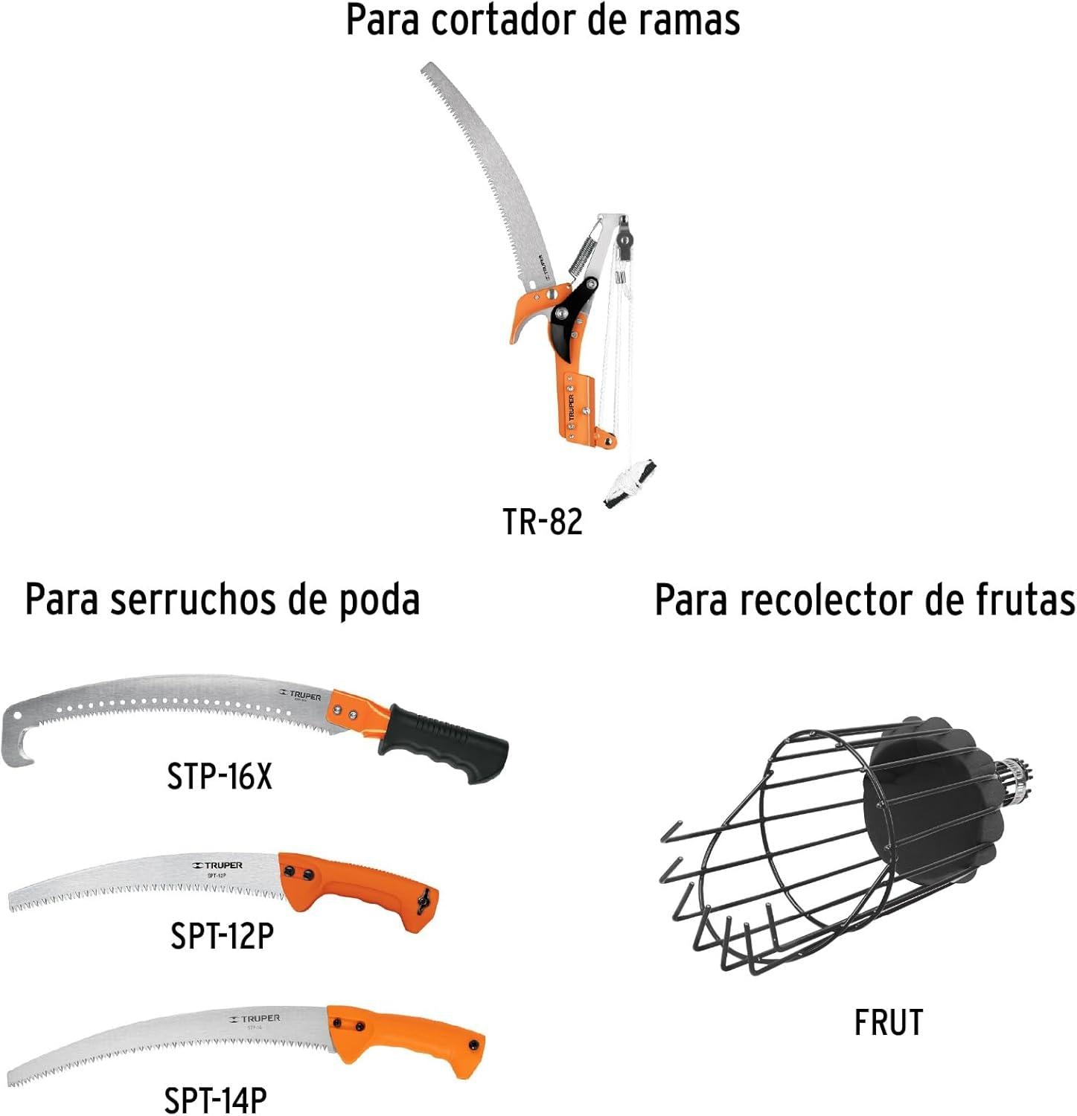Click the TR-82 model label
tap(543, 522)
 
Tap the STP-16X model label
tap(220, 777)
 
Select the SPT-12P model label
tap(222, 935)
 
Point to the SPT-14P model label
tap(215, 1099)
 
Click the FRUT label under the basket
tap(889, 1022)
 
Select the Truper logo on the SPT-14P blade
tap(255, 1019)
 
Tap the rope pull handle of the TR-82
tap(630, 483)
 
